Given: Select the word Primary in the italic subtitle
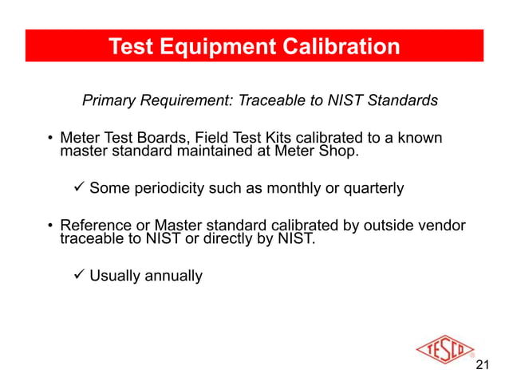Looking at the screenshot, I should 110,101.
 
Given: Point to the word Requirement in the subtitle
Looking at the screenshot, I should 186,101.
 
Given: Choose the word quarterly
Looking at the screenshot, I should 375,189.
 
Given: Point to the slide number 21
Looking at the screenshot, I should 481,366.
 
